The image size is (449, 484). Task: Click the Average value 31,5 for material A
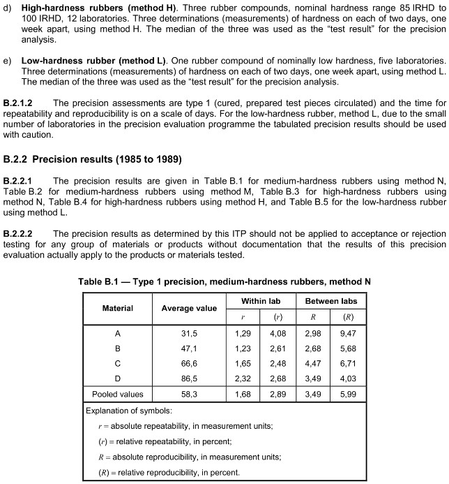point(189,333)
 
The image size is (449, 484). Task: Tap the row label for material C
point(118,363)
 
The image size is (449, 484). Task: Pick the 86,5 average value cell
point(189,378)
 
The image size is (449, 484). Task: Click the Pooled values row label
point(118,394)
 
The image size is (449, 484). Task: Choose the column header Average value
point(189,308)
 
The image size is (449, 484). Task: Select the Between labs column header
point(330,300)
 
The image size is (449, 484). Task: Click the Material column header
point(118,308)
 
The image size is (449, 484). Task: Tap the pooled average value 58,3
point(189,394)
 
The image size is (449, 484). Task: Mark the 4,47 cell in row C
point(313,363)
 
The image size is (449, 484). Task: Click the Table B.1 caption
point(224,281)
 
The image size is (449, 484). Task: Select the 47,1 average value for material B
point(189,348)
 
